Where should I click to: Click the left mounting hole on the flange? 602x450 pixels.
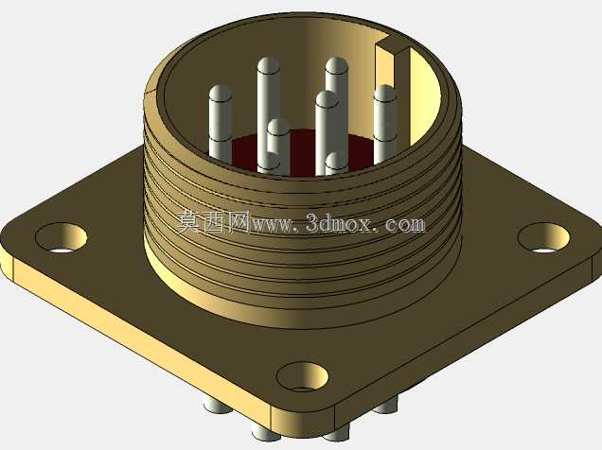pyautogui.click(x=61, y=237)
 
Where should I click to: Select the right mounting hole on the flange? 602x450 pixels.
pyautogui.click(x=543, y=237)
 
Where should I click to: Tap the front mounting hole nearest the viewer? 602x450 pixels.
pyautogui.click(x=303, y=377)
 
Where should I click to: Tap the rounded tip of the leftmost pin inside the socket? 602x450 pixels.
pyautogui.click(x=221, y=94)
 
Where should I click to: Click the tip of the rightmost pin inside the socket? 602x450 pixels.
pyautogui.click(x=384, y=94)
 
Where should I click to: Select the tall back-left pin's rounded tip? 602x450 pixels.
pyautogui.click(x=269, y=65)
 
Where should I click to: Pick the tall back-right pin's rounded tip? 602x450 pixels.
pyautogui.click(x=336, y=65)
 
